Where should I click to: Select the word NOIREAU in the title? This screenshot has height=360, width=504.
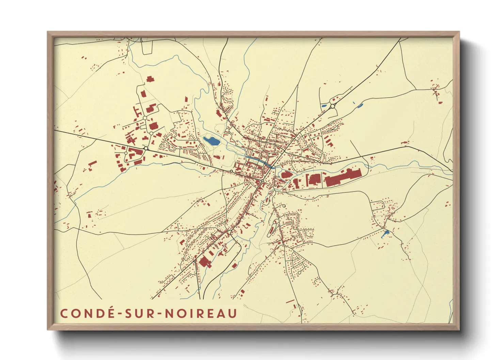[201, 313]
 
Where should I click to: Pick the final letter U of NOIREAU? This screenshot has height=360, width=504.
[232, 313]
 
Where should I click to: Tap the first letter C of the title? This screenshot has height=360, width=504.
[64, 313]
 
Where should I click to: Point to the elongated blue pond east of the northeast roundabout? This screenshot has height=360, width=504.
[360, 105]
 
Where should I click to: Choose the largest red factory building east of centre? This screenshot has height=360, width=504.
[342, 177]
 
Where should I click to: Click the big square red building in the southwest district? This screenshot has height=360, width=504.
[205, 262]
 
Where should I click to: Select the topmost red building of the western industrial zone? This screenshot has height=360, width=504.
[150, 79]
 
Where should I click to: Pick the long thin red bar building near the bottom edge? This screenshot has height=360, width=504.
[290, 301]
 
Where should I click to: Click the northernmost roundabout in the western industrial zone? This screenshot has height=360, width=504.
[145, 118]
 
